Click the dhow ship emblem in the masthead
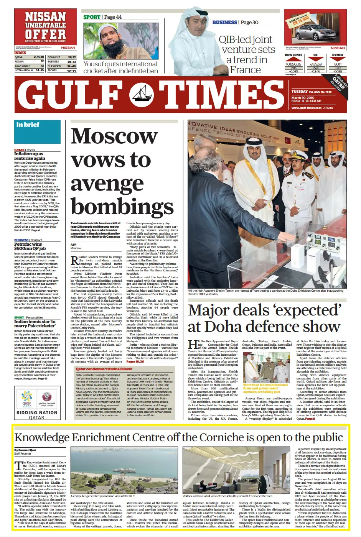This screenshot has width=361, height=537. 141,95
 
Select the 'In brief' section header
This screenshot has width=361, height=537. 28,125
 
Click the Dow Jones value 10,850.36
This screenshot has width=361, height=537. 293,64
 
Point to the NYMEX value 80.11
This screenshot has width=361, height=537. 338,64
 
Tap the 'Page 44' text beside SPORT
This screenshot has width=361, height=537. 113,17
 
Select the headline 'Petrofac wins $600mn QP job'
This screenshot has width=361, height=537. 30,246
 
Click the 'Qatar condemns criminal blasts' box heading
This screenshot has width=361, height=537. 104,369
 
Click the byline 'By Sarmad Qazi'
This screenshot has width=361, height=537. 25,450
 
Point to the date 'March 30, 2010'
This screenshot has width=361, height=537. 303,98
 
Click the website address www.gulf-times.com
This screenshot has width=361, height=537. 306,108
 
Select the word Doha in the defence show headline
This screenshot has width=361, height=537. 226,327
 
